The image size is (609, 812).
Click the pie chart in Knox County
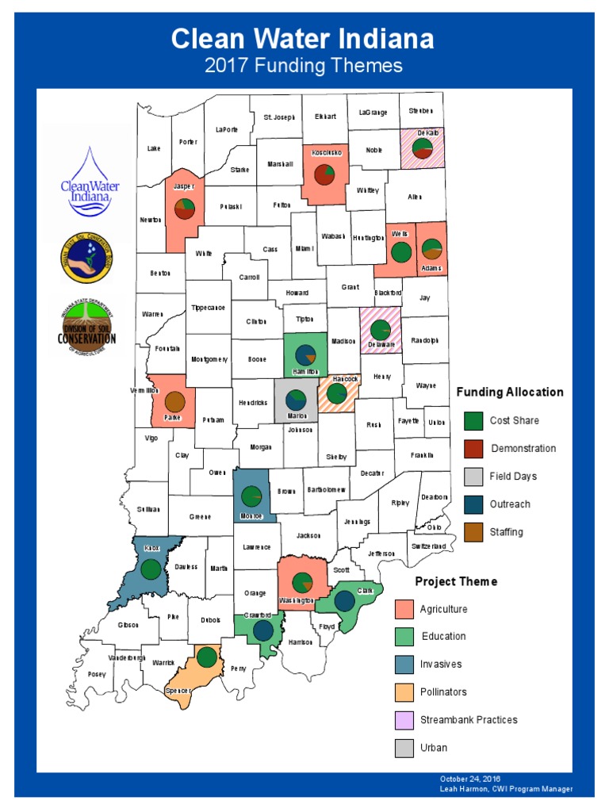click(151, 569)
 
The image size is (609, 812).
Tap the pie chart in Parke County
click(175, 402)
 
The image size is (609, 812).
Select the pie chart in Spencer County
click(207, 657)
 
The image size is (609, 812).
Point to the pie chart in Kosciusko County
click(324, 174)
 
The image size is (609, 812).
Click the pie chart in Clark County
click(344, 602)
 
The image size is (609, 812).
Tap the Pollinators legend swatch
click(404, 692)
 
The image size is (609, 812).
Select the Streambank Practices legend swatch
click(404, 720)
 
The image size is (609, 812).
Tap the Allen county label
click(415, 196)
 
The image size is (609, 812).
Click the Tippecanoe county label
click(209, 307)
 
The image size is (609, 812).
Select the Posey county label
click(97, 674)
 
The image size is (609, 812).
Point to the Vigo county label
click(151, 438)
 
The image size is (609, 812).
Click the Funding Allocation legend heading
click(510, 392)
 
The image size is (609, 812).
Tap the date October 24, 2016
click(470, 779)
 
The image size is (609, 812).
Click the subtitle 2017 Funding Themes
click(304, 66)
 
